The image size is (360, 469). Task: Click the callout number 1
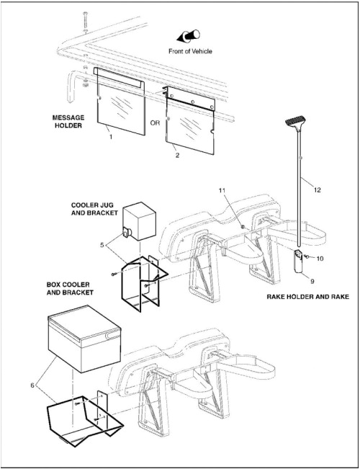(x=111, y=137)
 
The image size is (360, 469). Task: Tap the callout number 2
(x=177, y=155)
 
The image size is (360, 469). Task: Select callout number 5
(x=102, y=245)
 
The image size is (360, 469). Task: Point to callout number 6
(x=32, y=385)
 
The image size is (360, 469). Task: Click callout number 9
(x=312, y=281)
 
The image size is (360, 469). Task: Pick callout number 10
(x=320, y=258)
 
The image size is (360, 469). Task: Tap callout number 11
(x=222, y=190)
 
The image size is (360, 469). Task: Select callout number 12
(x=318, y=189)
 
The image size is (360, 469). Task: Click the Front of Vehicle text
(x=190, y=51)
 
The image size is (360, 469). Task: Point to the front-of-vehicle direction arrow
(x=189, y=36)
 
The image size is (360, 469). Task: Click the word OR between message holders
(x=155, y=123)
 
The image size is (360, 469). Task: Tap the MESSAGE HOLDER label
(x=68, y=122)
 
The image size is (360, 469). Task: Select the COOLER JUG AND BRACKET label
(x=94, y=209)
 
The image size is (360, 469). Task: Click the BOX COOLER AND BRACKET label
(x=70, y=288)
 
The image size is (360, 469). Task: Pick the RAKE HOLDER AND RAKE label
(x=307, y=297)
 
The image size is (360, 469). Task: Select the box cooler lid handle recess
(x=112, y=336)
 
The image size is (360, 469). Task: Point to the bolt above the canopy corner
(x=86, y=22)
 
